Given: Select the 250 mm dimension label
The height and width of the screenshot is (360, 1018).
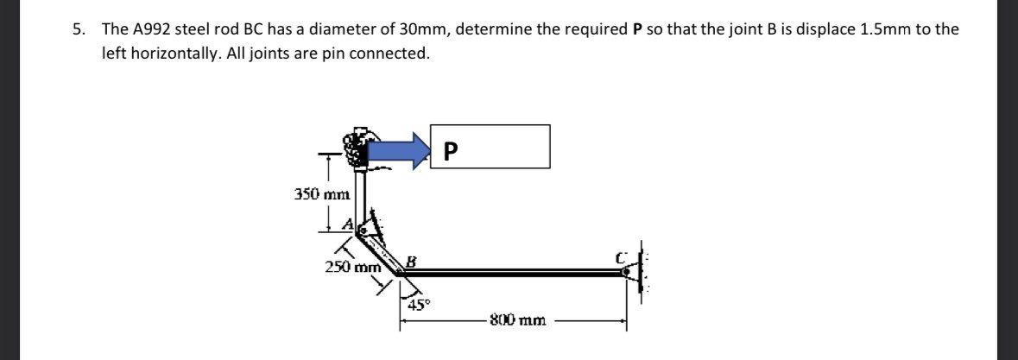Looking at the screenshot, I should point(347,267).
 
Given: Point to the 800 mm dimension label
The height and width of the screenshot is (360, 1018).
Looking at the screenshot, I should point(516,320).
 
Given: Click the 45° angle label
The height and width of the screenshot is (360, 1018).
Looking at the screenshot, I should point(418,304).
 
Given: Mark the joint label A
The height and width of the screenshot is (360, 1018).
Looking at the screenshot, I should point(349,224).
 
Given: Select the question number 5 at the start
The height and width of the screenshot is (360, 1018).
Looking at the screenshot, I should point(78,28).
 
